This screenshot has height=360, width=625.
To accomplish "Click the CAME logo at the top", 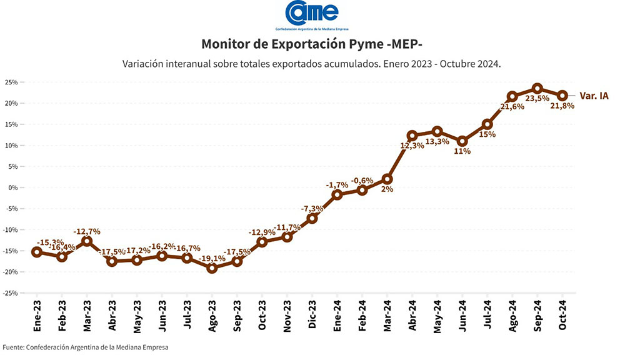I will (312, 14).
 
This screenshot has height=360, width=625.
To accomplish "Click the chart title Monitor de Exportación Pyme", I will (312, 44).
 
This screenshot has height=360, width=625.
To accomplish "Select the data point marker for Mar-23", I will (87, 241).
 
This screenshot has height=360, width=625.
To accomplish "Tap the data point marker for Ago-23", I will (212, 268).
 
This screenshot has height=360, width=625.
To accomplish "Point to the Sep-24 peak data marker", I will (537, 89).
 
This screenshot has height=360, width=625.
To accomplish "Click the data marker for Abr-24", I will (412, 136).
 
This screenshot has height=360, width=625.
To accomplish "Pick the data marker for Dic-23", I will (312, 218).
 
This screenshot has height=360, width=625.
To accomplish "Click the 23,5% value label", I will (537, 99).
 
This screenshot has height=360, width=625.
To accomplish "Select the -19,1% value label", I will (212, 258).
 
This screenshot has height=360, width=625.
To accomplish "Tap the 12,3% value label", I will (412, 146).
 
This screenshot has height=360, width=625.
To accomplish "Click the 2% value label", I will (387, 189).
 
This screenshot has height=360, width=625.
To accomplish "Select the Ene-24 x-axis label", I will (337, 316).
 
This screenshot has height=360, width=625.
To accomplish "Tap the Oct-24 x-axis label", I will (562, 316).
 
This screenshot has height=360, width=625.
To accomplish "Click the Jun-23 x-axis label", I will (162, 316).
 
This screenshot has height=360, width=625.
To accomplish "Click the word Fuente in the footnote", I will (13, 347).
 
